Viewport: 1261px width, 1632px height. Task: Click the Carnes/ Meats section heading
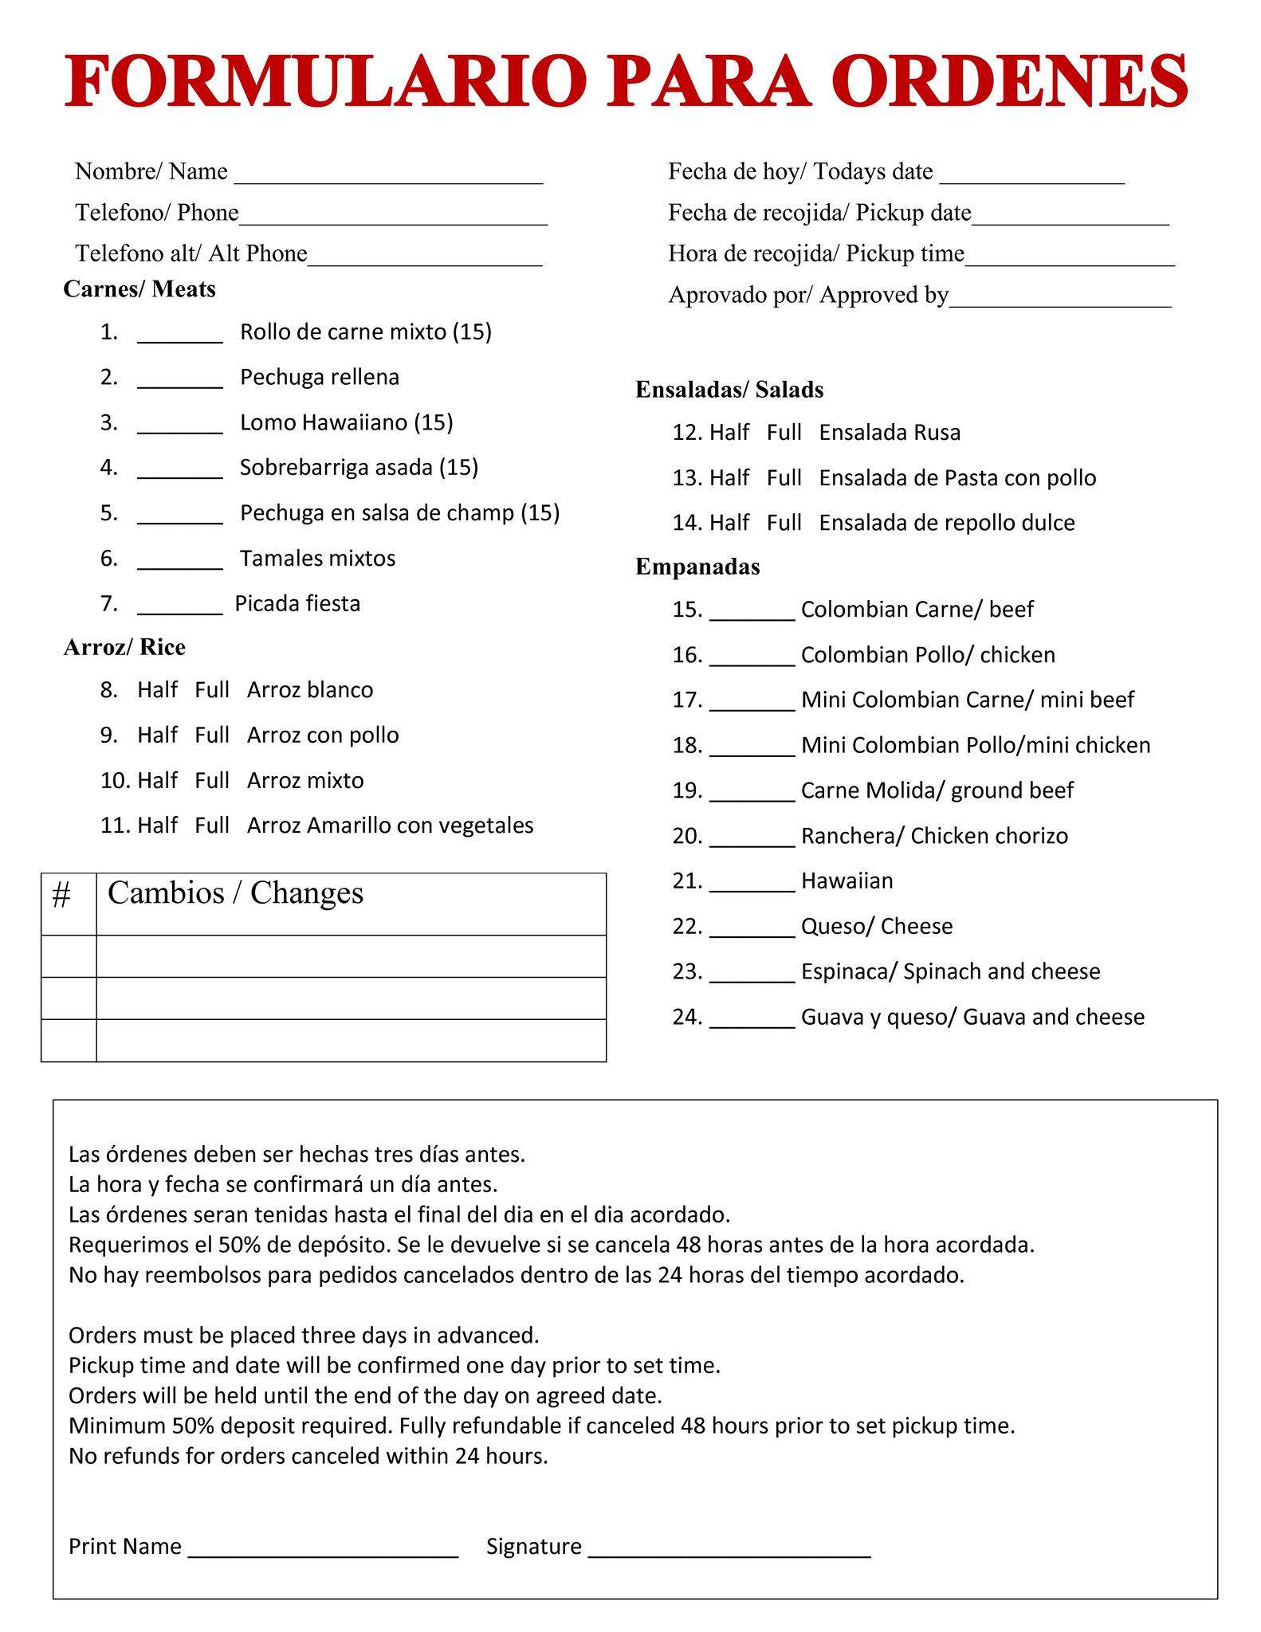tap(139, 288)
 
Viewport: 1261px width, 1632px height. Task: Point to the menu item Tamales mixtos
tap(317, 558)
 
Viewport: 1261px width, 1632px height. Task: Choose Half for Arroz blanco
tap(157, 689)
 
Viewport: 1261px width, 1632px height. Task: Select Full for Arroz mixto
tap(212, 780)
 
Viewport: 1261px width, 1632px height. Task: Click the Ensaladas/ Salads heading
tap(729, 390)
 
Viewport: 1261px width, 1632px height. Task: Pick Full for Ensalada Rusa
tap(784, 433)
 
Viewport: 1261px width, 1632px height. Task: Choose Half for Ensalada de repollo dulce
tap(729, 523)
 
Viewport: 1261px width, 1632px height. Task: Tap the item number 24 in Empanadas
tap(686, 1017)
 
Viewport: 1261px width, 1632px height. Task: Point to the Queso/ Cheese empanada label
tap(877, 926)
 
